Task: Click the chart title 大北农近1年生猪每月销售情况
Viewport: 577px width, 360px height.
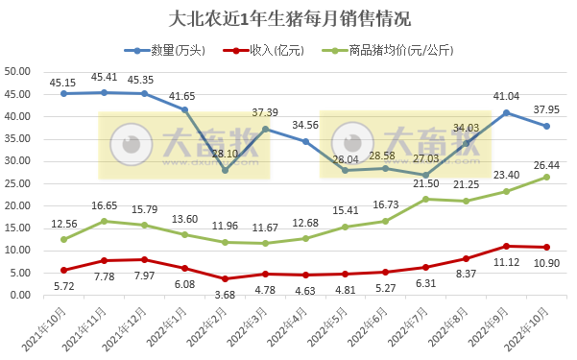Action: point(289,19)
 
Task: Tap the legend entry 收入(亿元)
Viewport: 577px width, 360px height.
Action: point(278,49)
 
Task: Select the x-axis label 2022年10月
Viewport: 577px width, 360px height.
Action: point(530,327)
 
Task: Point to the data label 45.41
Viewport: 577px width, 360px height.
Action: point(104,77)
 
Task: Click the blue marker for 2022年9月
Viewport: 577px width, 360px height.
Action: point(507,112)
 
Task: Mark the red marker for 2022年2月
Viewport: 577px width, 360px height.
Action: point(225,278)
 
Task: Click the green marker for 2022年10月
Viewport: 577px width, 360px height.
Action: point(547,177)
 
